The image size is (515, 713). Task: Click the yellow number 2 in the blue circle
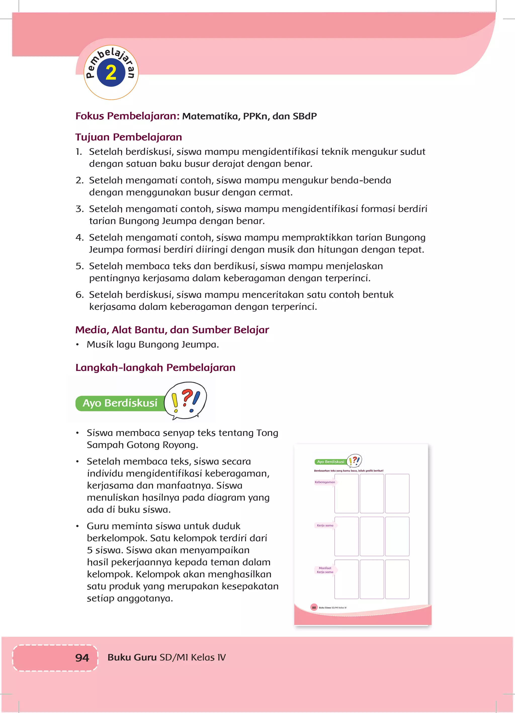click(x=111, y=73)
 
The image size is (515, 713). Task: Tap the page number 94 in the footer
click(x=82, y=657)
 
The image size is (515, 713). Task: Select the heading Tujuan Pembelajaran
click(x=128, y=137)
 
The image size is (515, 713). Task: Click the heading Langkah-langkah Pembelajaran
click(x=155, y=367)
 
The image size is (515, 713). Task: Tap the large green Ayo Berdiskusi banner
click(x=120, y=403)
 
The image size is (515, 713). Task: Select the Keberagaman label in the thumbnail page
click(x=325, y=482)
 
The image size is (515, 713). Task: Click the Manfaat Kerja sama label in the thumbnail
click(x=325, y=570)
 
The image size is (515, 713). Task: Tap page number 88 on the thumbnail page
click(x=314, y=608)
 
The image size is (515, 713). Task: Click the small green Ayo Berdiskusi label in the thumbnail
click(x=330, y=462)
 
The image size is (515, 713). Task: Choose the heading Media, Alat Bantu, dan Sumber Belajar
click(x=172, y=330)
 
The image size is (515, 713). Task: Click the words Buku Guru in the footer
click(x=132, y=657)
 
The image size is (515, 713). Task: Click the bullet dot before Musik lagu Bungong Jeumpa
click(x=77, y=345)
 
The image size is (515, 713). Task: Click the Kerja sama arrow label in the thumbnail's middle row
click(x=325, y=525)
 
